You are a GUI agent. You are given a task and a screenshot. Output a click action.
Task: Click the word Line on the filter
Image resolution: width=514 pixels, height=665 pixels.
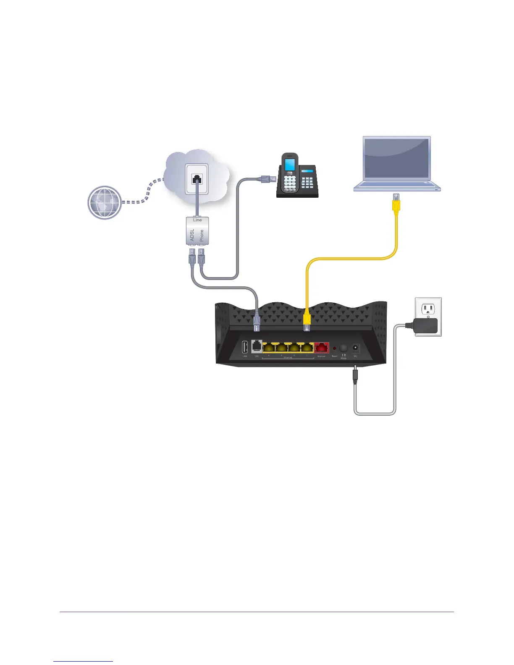click(x=197, y=220)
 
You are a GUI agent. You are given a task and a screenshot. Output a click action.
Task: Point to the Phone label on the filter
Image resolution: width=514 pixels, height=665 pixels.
click(x=202, y=236)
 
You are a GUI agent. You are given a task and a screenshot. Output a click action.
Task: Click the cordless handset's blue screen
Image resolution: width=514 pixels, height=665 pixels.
click(x=289, y=165)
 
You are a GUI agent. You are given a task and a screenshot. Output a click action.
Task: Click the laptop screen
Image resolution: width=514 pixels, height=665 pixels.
click(x=397, y=158)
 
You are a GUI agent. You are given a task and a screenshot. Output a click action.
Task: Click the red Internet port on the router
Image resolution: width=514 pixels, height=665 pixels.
click(x=322, y=348)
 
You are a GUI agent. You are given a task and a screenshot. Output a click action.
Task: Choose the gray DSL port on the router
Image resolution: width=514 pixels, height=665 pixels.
click(x=257, y=346)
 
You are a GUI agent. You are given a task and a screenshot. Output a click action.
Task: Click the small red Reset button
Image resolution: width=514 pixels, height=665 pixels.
click(x=335, y=348)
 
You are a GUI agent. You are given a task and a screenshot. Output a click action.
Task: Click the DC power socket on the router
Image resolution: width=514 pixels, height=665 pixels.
click(x=356, y=348)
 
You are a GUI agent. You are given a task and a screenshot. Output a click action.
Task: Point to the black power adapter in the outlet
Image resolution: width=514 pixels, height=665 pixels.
click(x=425, y=326)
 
